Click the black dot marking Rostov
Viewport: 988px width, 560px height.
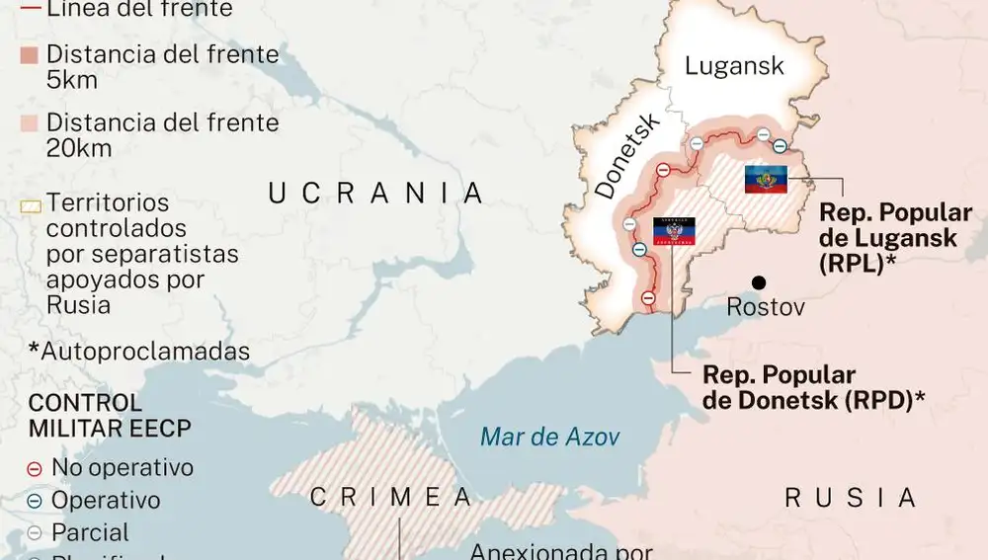[x=759, y=280]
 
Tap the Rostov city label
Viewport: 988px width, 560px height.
[x=766, y=307]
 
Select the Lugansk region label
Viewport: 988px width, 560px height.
[x=734, y=66]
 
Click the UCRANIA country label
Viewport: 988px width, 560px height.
[x=376, y=193]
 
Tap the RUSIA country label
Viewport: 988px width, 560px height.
[x=851, y=498]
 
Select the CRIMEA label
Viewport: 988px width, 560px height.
[x=389, y=498]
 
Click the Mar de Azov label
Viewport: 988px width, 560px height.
[x=550, y=437]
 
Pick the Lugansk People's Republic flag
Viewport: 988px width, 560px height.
[x=766, y=179]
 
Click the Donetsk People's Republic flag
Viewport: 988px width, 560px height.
[x=674, y=231]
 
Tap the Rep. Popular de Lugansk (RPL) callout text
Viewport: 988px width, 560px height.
[x=895, y=238]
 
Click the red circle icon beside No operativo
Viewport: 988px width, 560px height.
[x=35, y=468]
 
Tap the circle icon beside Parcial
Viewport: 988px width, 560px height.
[x=35, y=533]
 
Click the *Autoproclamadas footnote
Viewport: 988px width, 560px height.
[x=138, y=352]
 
